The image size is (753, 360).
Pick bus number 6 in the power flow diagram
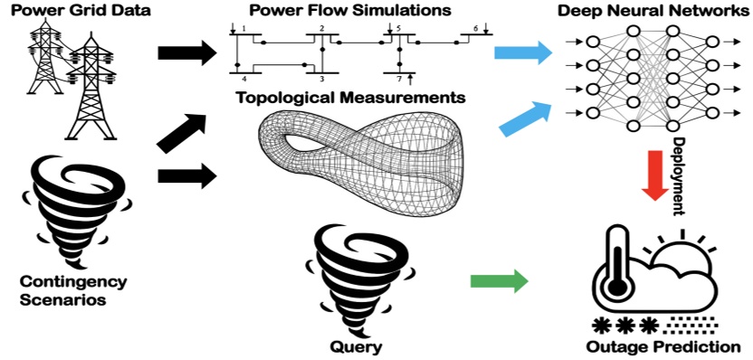(475, 30)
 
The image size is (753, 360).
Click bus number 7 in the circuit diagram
(397, 80)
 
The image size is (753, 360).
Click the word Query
(356, 347)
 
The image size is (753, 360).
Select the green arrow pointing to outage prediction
(500, 280)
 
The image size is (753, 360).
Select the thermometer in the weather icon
(617, 262)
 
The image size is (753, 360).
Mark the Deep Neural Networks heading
(657, 11)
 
